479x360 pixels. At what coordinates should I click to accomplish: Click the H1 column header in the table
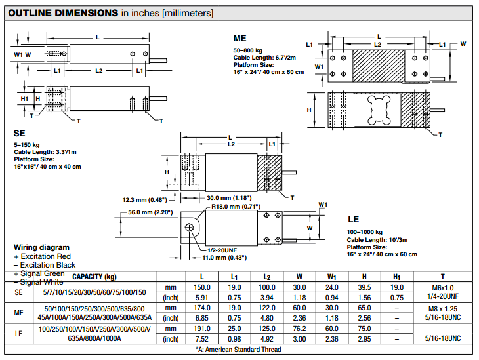click(396, 277)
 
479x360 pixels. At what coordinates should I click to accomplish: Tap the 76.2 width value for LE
click(299, 328)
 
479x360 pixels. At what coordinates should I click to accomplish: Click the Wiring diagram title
click(41, 247)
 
